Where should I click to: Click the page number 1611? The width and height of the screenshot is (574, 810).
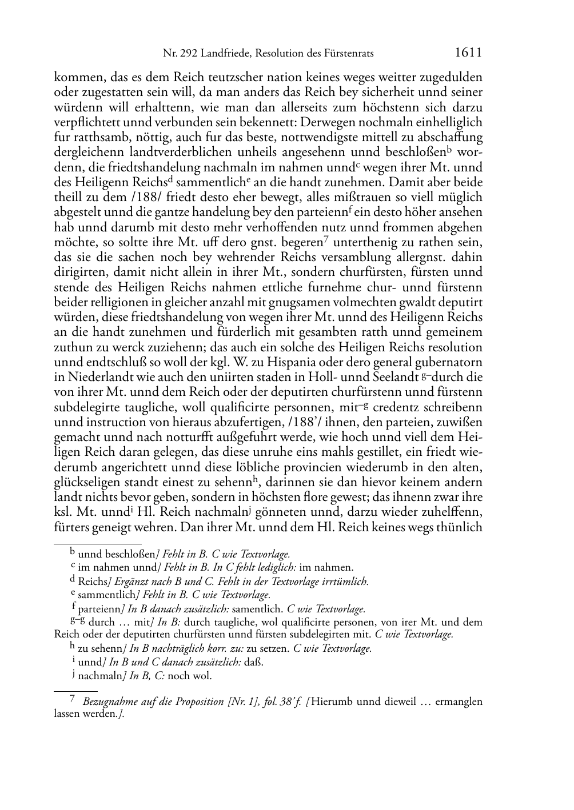coord(468,53)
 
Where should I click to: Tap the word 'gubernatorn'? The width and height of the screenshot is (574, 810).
coord(449,362)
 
